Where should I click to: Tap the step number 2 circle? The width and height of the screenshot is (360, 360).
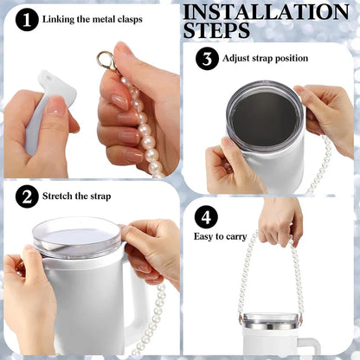pyautogui.click(x=28, y=197)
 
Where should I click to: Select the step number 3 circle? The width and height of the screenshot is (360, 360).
pyautogui.click(x=208, y=60)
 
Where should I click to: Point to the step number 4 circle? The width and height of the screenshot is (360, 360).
pyautogui.click(x=206, y=216)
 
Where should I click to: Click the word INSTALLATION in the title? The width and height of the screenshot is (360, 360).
pyautogui.click(x=267, y=12)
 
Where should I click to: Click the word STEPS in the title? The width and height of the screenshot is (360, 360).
pyautogui.click(x=216, y=31)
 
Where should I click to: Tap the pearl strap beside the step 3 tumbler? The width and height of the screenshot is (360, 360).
pyautogui.click(x=322, y=169)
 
